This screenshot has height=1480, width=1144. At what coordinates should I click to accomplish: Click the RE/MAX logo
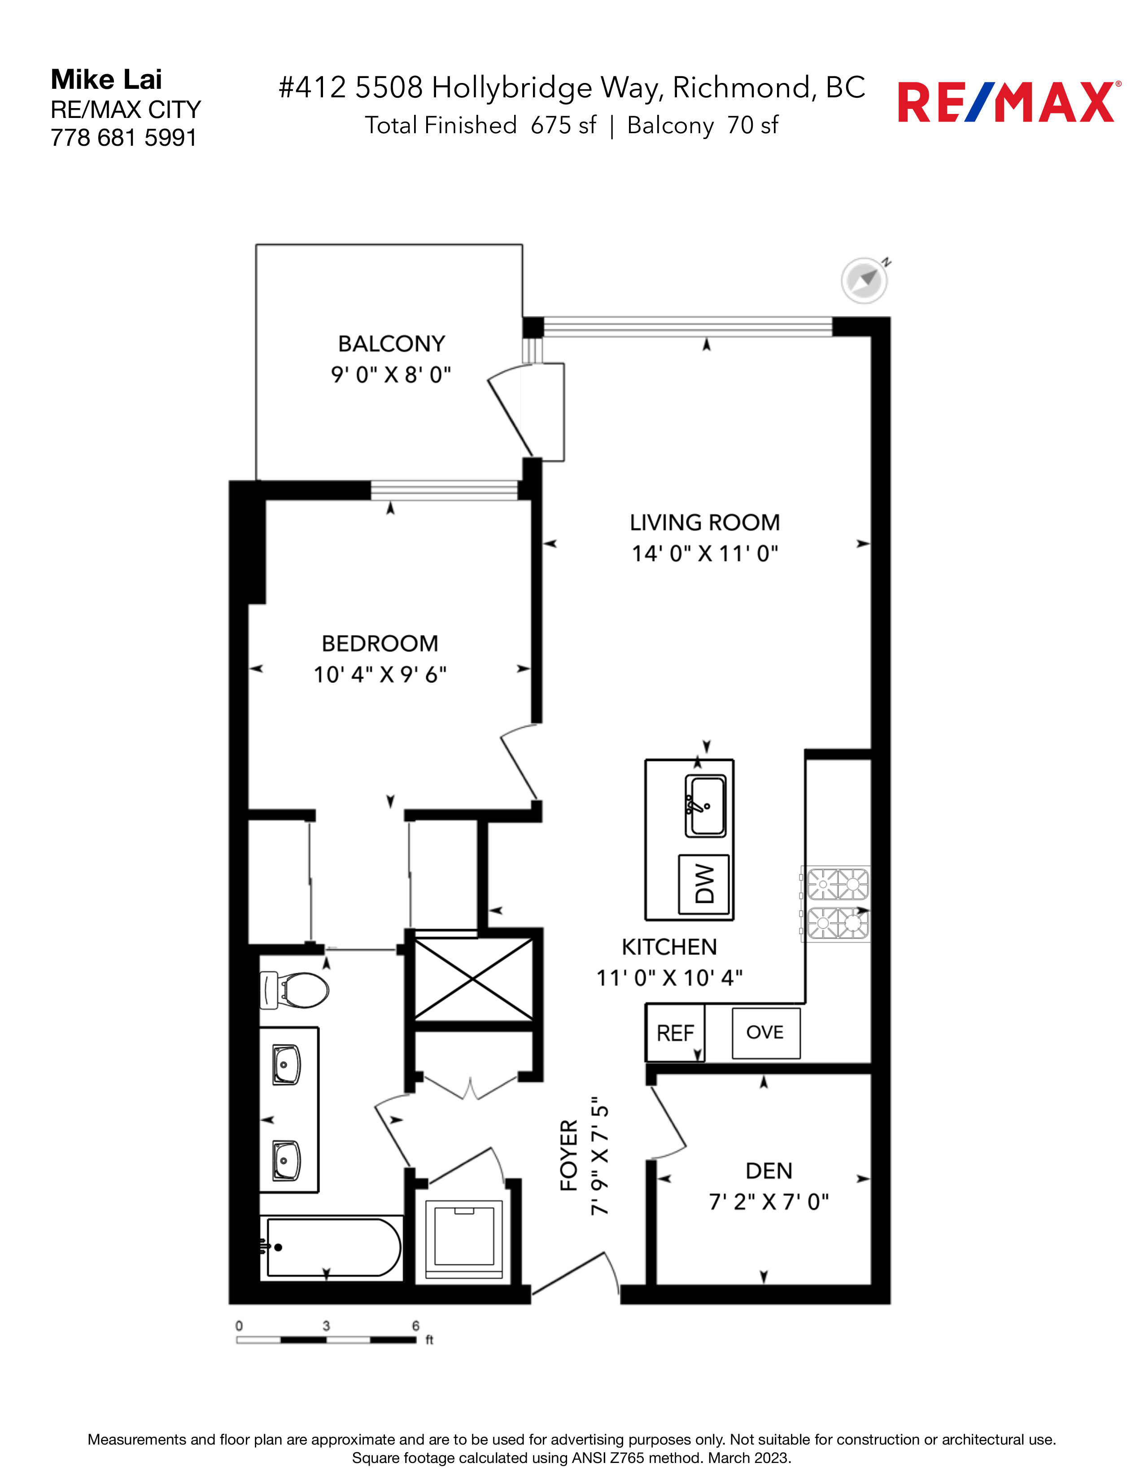[x=1009, y=102]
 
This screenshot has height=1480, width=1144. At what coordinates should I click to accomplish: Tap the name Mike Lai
[x=106, y=79]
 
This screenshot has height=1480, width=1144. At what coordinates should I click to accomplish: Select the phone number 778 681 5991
[x=123, y=138]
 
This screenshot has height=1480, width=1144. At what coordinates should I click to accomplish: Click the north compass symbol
[x=865, y=279]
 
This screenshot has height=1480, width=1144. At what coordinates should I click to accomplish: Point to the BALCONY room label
[x=392, y=344]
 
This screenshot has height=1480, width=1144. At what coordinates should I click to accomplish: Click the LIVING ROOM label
[x=705, y=522]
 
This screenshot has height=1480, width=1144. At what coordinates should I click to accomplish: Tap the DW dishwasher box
[x=705, y=884]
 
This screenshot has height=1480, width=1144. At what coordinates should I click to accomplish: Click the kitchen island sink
[x=706, y=806]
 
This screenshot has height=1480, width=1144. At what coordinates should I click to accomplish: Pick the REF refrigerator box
[x=675, y=1033]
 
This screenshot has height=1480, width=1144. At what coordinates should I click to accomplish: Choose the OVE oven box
[x=766, y=1033]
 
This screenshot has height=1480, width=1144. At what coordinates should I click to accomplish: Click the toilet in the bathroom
[x=295, y=990]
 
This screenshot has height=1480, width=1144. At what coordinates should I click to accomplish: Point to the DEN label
[x=768, y=1171]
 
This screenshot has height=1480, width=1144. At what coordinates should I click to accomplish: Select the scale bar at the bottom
[x=326, y=1340]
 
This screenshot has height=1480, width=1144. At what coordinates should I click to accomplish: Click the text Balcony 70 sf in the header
[x=703, y=126]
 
